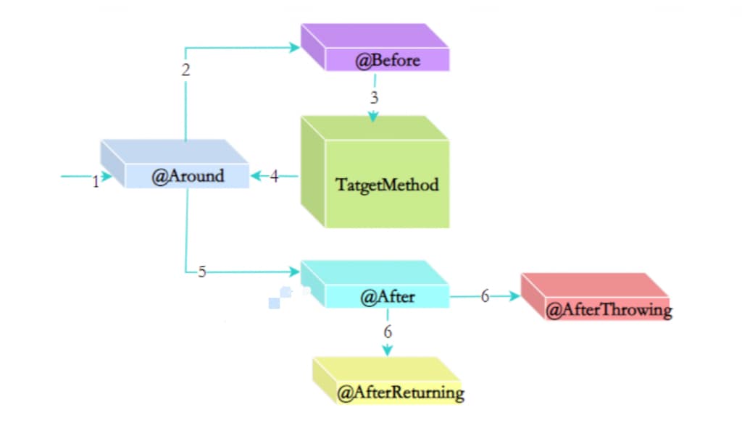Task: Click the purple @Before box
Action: point(387,59)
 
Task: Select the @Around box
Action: point(187,175)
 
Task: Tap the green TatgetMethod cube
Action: point(387,184)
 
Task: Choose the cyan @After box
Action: point(387,295)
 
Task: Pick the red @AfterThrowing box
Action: point(608,310)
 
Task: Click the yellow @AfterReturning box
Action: point(400,393)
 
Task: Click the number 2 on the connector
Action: point(186,70)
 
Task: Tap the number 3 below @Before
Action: point(373,98)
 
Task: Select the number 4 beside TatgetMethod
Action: point(274,176)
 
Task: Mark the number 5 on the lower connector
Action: point(202,272)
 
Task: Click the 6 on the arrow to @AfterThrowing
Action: point(485,295)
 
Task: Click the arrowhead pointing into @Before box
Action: point(295,47)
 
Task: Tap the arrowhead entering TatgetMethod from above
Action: point(373,117)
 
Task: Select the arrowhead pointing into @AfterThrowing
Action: point(515,296)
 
